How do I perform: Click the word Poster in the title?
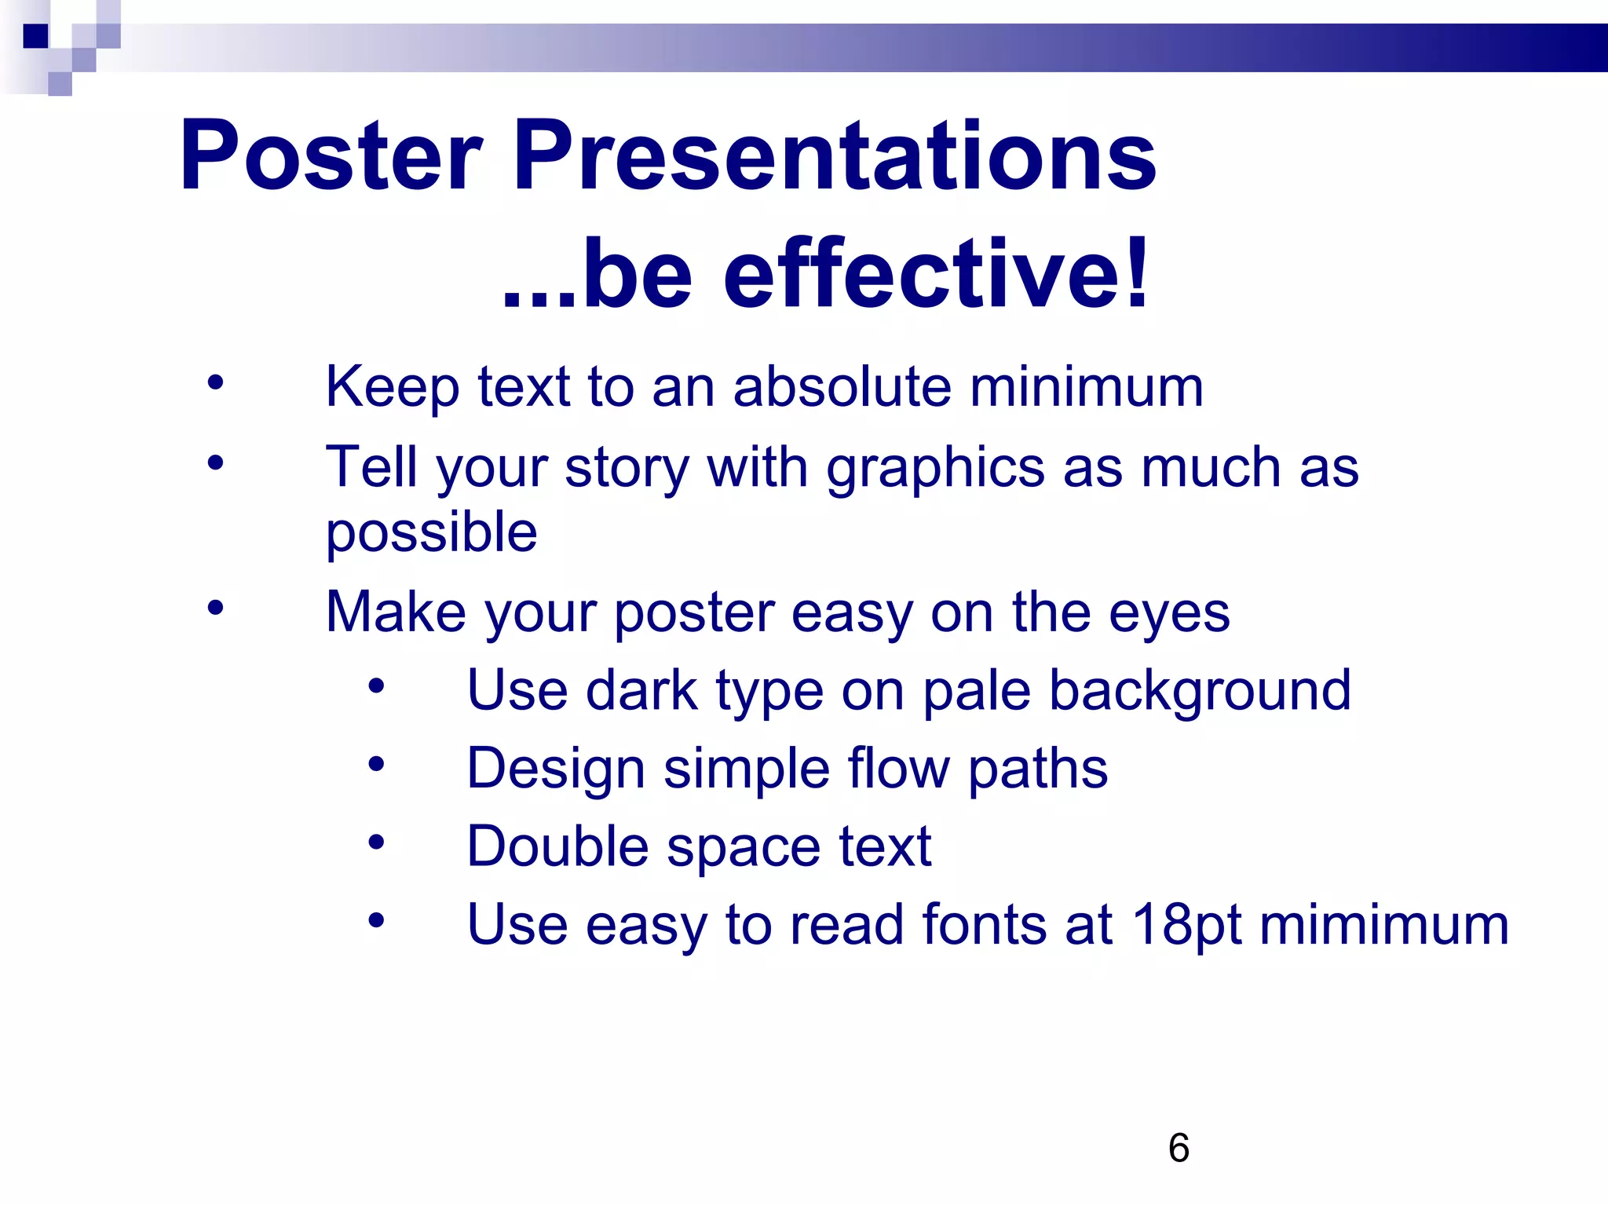point(330,155)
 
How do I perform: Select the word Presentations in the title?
point(834,155)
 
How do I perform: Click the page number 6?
point(1179,1149)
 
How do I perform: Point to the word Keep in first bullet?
point(392,387)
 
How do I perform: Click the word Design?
point(555,769)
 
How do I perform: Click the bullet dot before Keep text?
point(215,384)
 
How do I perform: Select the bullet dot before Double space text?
point(376,842)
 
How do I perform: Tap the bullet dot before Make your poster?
point(215,608)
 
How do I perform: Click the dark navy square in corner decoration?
point(35,36)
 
